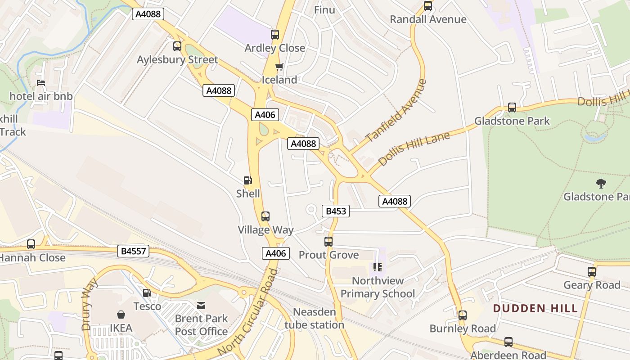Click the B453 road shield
[336, 211]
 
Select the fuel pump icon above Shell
[247, 181]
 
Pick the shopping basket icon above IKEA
[121, 314]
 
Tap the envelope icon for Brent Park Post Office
[201, 306]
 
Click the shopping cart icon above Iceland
[279, 67]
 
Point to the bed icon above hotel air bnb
[40, 83]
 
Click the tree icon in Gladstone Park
[601, 183]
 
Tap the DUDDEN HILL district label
[535, 309]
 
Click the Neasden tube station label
[314, 318]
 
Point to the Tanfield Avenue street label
[396, 111]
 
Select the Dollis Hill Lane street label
[414, 149]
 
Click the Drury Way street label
[90, 305]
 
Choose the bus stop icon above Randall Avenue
[427, 6]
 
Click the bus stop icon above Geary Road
[591, 272]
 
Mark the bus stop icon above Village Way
[265, 216]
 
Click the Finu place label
[324, 10]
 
